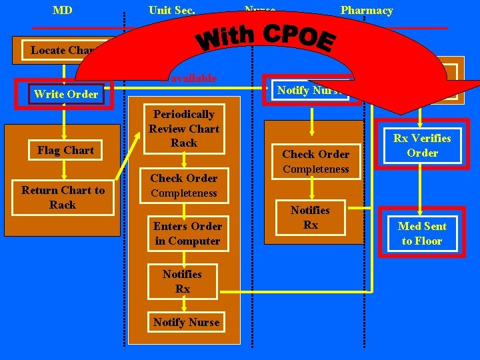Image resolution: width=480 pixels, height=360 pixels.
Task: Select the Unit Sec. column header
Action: coord(172,11)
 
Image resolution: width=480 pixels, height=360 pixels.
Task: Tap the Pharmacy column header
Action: coord(366,11)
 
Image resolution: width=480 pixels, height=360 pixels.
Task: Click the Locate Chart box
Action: coord(64,50)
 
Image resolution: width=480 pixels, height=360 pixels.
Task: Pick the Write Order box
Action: coord(65,94)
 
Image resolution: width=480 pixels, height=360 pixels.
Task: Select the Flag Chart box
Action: coord(65,151)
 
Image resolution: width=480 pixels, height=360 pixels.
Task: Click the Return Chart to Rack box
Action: coord(63,197)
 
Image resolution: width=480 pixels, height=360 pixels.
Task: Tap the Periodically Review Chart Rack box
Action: coord(184,129)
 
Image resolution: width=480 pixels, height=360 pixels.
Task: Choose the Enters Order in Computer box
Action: coord(187,233)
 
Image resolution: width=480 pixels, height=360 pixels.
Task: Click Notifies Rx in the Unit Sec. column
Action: coord(183,281)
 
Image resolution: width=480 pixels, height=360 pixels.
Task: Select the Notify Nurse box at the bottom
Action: coord(186,322)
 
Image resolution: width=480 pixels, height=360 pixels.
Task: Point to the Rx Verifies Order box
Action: coord(422,145)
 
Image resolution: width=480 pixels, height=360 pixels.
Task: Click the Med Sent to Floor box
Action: coord(422,233)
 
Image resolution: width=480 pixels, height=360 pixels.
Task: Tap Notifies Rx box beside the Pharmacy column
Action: coord(311,217)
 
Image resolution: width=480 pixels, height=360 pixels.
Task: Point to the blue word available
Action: coord(193,78)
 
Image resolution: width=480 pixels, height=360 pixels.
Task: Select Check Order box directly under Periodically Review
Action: coord(184,185)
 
